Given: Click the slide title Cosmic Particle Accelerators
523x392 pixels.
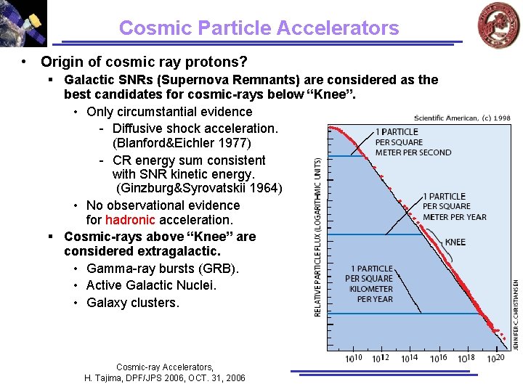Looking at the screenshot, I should pos(259,28).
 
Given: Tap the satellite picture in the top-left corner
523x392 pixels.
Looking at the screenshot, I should pos(23,23).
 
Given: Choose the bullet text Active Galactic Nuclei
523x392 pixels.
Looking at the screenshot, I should pos(151,285).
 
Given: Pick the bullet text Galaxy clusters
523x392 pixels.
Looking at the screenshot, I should pos(132,303).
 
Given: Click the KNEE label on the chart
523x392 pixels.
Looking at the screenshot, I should pos(455,242).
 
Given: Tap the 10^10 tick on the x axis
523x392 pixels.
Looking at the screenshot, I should pos(354,359).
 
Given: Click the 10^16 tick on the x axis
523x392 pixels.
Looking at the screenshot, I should pos(439,359).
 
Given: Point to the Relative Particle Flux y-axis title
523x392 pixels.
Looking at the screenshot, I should pos(318,232).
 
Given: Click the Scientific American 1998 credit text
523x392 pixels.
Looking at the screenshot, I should pos(462,118).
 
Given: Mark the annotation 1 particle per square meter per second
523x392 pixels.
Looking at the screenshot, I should pos(413,142).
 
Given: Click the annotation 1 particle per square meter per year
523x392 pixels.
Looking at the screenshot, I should pos(455,207).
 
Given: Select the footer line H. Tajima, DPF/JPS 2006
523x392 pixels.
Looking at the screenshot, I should pos(165,378).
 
